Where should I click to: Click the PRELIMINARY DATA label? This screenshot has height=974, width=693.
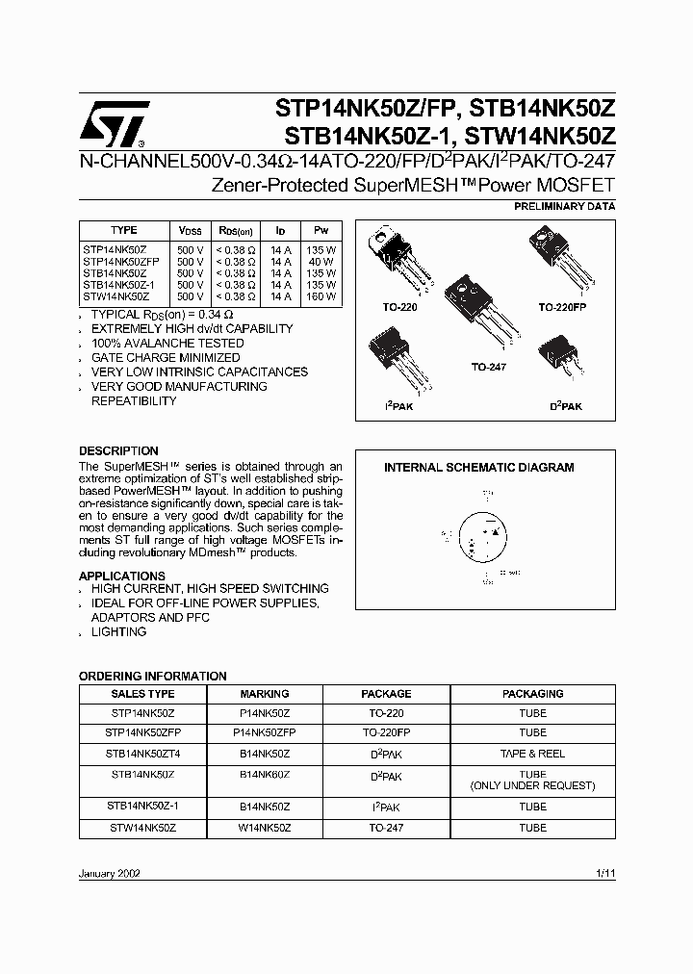(566, 206)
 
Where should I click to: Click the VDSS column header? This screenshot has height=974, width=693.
(191, 231)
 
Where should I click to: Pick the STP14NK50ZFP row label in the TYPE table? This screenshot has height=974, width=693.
(123, 261)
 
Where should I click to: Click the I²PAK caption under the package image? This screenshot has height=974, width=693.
(397, 407)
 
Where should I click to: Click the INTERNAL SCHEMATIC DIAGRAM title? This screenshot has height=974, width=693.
(478, 468)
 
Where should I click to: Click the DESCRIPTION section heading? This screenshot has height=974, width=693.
(118, 450)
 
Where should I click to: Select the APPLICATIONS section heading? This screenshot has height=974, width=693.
(122, 576)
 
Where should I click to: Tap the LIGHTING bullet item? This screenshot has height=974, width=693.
(118, 632)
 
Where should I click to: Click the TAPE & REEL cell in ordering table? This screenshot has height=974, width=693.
(532, 754)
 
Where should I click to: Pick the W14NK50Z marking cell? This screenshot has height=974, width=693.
(264, 828)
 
